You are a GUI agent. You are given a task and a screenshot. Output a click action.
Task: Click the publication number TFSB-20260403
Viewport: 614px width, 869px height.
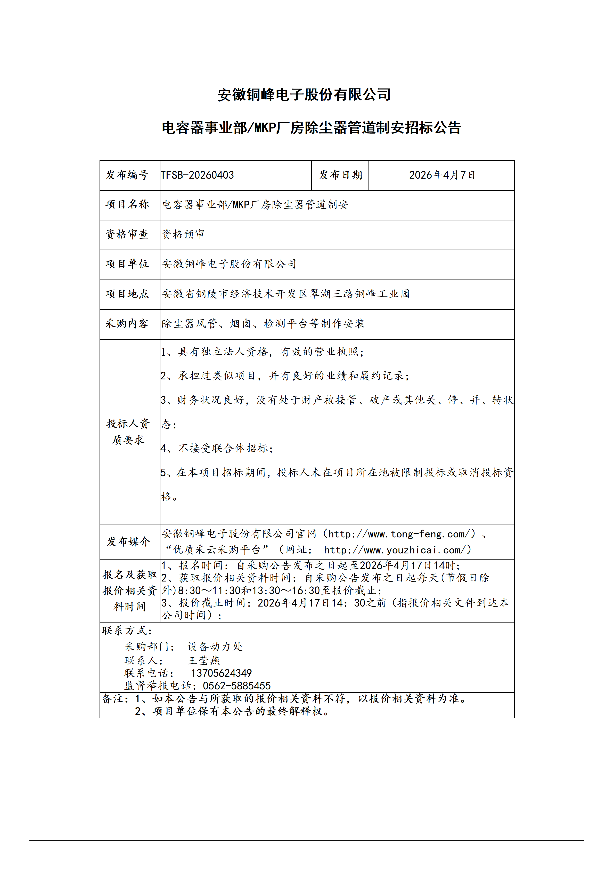point(197,175)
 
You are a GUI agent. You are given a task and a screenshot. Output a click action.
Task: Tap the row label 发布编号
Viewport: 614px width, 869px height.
point(127,175)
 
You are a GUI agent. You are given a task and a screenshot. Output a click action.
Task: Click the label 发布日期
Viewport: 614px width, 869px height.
point(340,175)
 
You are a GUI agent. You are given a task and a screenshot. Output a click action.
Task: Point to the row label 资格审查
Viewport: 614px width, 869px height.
point(127,234)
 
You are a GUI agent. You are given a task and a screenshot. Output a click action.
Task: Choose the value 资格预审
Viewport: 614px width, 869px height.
point(183,234)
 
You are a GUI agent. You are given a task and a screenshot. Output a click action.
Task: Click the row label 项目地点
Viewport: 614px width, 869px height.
point(127,294)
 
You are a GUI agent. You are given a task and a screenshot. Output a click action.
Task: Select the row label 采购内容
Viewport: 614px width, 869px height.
point(127,324)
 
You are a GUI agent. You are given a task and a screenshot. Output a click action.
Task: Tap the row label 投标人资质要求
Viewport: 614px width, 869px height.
point(128,432)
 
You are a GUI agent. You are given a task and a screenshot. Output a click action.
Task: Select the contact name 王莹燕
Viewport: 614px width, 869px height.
point(203,660)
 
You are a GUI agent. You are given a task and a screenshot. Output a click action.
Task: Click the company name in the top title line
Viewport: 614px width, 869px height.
point(304,95)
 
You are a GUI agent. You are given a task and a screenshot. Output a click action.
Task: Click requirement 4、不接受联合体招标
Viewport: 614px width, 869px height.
point(216,449)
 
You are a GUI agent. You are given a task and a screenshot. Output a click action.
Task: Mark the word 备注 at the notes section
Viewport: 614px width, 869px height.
point(113,699)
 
